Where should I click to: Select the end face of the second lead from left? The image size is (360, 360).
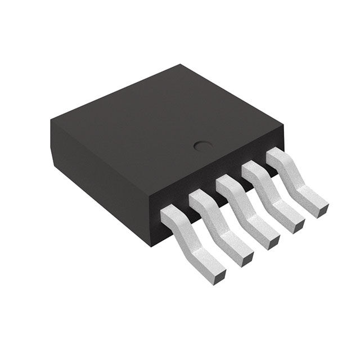[x=246, y=258]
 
